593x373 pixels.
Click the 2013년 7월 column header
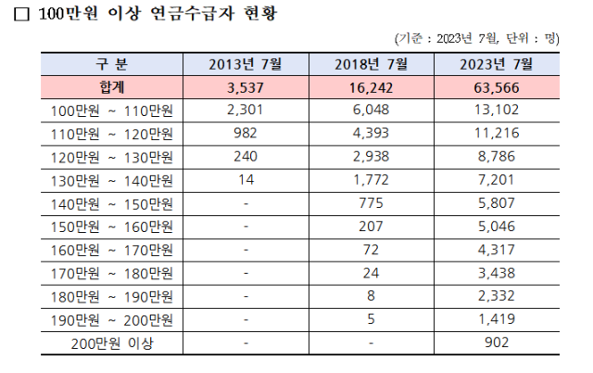pyautogui.click(x=246, y=64)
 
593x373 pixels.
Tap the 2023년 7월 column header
pyautogui.click(x=497, y=64)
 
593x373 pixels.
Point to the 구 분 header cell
pyautogui.click(x=112, y=64)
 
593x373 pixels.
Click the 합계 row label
pyautogui.click(x=112, y=88)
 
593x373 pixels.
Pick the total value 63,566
pyautogui.click(x=497, y=88)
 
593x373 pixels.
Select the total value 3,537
pyautogui.click(x=246, y=88)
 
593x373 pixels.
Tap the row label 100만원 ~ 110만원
pyautogui.click(x=112, y=111)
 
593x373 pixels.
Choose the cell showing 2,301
pyautogui.click(x=246, y=111)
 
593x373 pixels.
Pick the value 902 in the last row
pyautogui.click(x=497, y=344)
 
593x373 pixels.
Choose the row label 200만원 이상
pyautogui.click(x=112, y=344)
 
